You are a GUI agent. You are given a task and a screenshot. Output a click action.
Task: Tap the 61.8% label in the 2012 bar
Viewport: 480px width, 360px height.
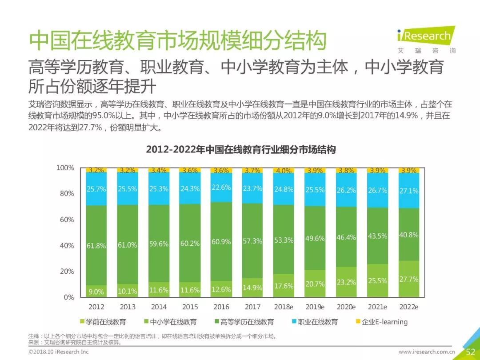point(96,245)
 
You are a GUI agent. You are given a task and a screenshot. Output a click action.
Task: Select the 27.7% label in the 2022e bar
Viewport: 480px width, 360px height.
point(408,279)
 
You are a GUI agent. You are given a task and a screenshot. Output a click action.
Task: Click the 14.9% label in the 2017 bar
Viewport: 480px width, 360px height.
point(252,288)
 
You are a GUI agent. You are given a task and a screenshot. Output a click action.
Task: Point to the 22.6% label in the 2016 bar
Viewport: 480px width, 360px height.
point(221,187)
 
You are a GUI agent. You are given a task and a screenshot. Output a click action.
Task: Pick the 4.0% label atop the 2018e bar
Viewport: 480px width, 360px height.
point(284,170)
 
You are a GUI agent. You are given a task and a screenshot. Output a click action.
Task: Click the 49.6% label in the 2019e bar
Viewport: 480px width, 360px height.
point(315,238)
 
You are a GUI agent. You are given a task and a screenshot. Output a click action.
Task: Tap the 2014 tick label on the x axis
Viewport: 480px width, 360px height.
point(159,307)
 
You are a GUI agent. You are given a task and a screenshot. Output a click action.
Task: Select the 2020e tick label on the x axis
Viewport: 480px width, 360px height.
point(346,307)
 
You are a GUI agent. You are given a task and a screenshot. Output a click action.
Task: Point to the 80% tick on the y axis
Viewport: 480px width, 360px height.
point(67,193)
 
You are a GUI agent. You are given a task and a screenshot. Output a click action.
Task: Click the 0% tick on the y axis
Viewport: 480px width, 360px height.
point(69,297)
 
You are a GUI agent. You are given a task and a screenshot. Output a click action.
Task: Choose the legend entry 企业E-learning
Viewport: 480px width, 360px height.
point(381,322)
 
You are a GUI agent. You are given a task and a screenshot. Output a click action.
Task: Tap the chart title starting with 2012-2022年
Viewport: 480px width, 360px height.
point(240,150)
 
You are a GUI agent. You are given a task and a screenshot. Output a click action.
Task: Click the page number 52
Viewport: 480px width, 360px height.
point(470,352)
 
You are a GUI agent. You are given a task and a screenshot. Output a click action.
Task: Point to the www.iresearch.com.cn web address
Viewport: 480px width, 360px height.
point(426,352)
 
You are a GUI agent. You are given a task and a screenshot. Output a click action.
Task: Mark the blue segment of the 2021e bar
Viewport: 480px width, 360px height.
point(377,190)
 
